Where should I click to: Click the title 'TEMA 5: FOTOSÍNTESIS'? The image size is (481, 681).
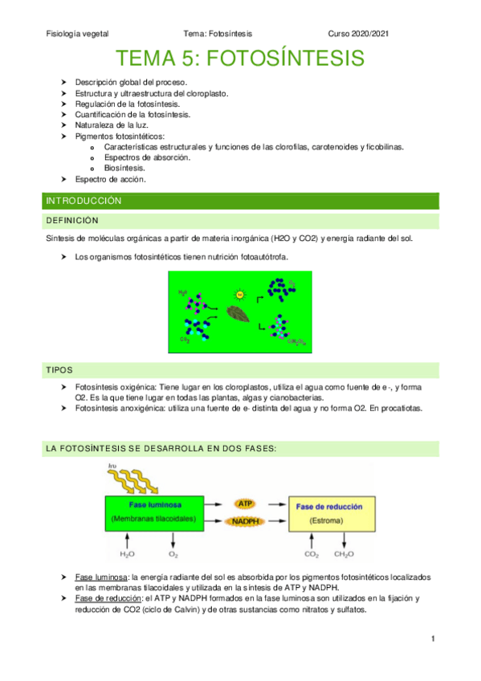(240, 59)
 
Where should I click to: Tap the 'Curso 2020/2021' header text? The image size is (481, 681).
(361, 34)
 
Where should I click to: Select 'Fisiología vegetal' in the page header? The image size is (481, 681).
(77, 34)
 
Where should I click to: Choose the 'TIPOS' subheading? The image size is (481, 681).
(59, 369)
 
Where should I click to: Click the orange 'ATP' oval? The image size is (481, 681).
(245, 503)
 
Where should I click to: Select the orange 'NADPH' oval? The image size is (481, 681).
(245, 522)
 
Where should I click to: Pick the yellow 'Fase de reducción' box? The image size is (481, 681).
(330, 515)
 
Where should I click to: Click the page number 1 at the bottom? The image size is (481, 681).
(432, 638)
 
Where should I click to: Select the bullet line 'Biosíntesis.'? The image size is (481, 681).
(124, 169)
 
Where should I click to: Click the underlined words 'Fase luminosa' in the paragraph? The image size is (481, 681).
(101, 578)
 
